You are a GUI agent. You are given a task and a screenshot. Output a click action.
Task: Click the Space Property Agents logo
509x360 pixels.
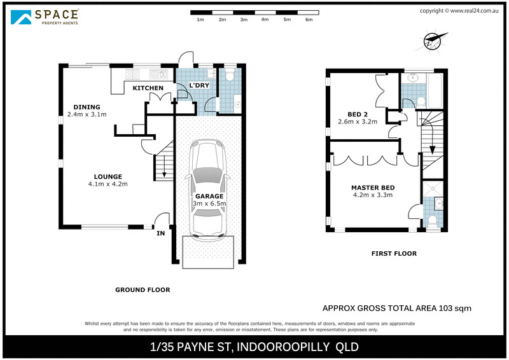point(45,17)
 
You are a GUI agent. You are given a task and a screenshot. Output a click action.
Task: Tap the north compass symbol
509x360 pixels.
point(432,41)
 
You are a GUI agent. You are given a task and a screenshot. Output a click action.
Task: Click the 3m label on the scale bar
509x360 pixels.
point(244,20)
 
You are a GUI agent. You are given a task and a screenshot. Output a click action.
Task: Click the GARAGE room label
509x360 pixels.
point(209,197)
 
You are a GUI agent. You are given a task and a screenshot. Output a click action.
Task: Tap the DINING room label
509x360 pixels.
point(87,107)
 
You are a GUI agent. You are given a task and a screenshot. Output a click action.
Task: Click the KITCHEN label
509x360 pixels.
point(148,88)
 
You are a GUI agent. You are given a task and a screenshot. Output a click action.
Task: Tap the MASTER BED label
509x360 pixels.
point(373,188)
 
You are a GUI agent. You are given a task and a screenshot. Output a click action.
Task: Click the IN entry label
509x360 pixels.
point(160,233)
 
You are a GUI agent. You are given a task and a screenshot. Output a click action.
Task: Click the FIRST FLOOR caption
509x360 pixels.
point(394,254)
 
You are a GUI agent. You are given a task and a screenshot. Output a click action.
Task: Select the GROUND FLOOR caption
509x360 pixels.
point(143,290)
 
